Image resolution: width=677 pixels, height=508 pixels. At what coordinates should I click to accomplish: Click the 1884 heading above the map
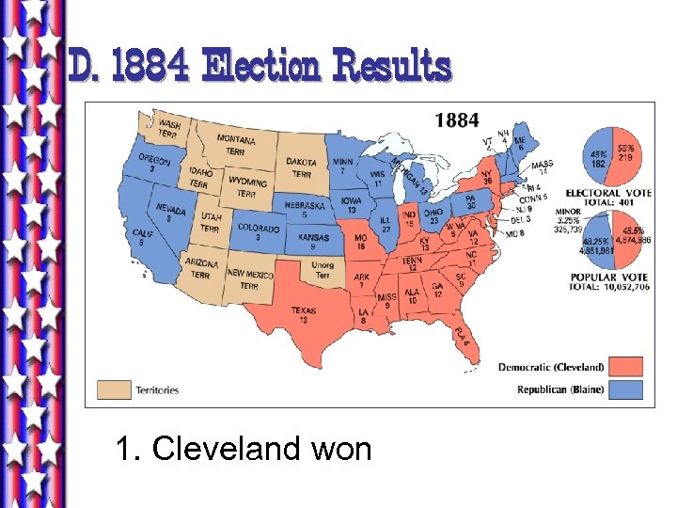click(456, 119)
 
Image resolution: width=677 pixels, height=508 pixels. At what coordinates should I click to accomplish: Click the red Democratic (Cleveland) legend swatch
click(624, 366)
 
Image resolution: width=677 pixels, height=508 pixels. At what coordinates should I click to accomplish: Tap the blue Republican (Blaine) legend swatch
click(624, 388)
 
